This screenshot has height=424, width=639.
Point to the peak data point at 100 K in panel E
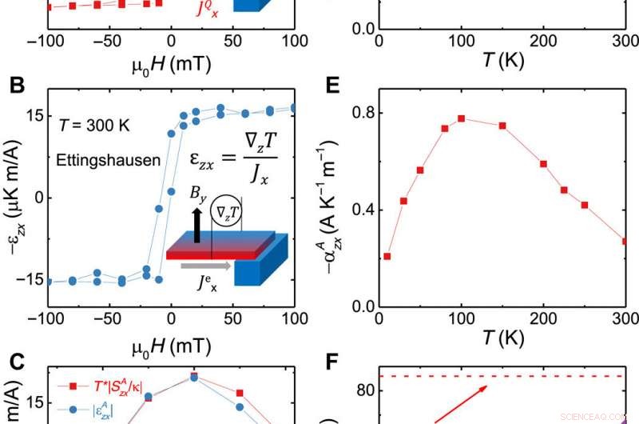click(x=462, y=118)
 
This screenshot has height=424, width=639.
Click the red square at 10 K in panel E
click(x=387, y=256)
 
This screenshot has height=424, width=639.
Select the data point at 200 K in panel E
click(x=543, y=163)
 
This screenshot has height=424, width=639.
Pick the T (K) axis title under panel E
click(x=502, y=338)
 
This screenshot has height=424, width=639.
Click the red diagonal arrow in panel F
click(x=462, y=400)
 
